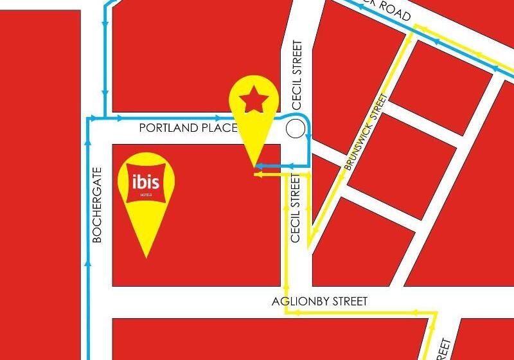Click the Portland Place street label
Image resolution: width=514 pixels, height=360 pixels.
click(188, 129)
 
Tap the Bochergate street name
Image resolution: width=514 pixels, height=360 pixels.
click(98, 204)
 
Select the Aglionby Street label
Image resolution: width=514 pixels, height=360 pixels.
click(319, 301)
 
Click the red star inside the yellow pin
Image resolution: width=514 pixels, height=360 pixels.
click(254, 99)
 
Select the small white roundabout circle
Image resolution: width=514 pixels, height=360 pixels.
click(296, 129)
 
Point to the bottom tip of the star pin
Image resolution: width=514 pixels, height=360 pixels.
click(255, 168)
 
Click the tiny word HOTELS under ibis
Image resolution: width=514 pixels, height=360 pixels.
click(146, 194)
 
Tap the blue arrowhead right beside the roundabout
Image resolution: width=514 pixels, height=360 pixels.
click(309, 136)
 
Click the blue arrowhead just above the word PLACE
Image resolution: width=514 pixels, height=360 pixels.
click(218, 118)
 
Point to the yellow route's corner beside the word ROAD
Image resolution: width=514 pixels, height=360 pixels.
click(416, 26)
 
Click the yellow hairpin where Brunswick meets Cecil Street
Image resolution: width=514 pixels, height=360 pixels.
click(309, 245)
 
